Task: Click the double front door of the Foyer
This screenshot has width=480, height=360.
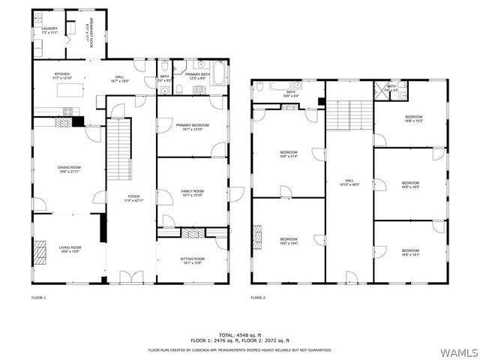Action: (130, 278)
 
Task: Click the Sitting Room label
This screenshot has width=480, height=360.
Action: (192, 260)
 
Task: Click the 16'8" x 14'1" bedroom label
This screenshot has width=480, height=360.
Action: (410, 252)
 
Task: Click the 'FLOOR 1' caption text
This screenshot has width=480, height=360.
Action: (38, 298)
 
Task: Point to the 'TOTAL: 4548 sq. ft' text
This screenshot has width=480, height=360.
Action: (240, 334)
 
